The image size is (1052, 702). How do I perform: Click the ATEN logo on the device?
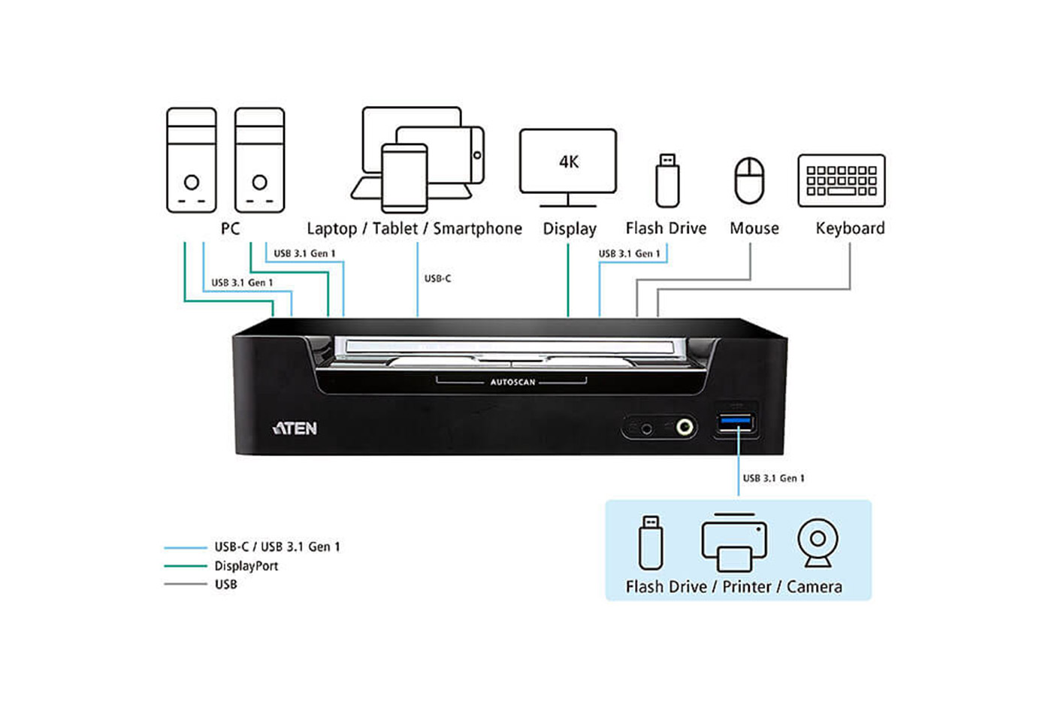tap(295, 428)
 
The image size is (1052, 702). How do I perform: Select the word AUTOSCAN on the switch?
tap(512, 382)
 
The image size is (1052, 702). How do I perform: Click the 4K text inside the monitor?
tap(569, 162)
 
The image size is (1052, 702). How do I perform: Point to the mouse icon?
tap(749, 180)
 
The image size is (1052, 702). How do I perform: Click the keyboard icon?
tap(842, 180)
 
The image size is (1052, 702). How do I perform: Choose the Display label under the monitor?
tap(570, 228)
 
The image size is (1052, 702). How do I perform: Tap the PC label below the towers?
tap(230, 228)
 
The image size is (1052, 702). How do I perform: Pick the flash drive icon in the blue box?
tap(651, 543)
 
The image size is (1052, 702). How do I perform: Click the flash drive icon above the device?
tap(667, 180)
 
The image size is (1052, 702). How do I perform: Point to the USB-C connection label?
tap(437, 279)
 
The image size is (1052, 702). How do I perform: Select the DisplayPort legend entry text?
tap(246, 566)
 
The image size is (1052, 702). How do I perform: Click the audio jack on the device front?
tap(685, 427)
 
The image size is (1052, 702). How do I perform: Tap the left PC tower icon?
tap(192, 160)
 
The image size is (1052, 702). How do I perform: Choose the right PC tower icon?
tap(259, 160)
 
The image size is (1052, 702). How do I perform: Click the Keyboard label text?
tap(850, 228)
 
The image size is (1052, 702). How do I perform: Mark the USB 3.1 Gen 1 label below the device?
tap(773, 478)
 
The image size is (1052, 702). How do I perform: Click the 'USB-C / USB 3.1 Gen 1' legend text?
tap(277, 547)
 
